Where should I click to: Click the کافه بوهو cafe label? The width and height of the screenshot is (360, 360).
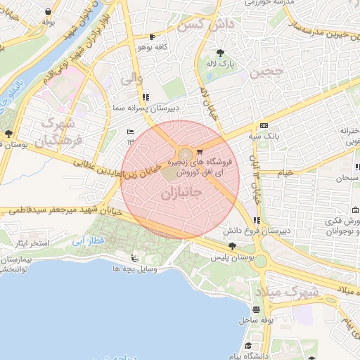coord(152,46)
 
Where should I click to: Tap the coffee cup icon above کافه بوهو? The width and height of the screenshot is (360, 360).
coord(153,36)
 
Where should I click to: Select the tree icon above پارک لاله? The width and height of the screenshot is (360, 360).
coord(221,53)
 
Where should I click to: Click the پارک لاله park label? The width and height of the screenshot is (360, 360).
coord(221,64)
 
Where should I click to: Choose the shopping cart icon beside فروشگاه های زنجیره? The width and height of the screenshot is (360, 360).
coord(200,152)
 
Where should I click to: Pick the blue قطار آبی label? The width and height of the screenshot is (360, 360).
coord(87,241)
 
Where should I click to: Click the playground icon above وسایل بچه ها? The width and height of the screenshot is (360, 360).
coord(134,259)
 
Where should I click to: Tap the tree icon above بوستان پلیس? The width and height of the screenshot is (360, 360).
coord(232,245)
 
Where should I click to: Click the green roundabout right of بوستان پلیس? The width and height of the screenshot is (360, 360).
coord(261,262)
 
